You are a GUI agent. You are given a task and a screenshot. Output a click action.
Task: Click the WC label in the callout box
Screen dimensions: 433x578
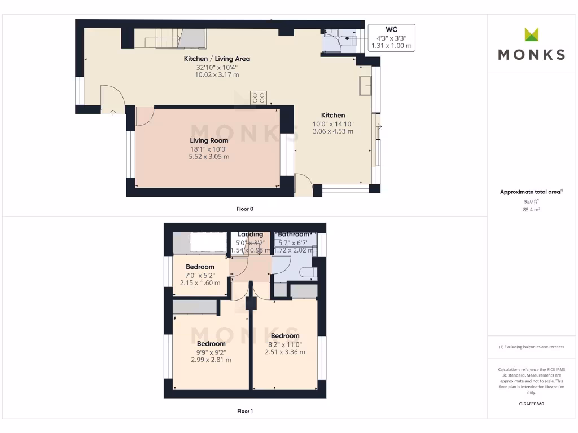click(391, 29)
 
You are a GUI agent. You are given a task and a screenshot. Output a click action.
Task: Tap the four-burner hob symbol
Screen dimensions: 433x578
click(258, 97)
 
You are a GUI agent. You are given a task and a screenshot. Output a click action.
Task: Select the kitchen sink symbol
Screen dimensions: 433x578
click(364, 86)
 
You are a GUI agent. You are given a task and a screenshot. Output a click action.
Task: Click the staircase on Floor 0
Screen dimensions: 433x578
click(170, 38)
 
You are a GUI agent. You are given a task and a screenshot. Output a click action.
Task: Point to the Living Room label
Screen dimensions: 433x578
click(209, 140)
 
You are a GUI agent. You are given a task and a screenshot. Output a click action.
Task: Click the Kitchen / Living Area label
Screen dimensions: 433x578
click(217, 59)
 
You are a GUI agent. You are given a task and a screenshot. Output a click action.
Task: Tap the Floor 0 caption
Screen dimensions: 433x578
click(245, 209)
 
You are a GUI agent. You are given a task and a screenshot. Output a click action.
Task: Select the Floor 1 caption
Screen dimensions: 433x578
click(245, 411)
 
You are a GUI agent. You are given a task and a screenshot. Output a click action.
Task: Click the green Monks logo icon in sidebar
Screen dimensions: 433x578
click(531, 34)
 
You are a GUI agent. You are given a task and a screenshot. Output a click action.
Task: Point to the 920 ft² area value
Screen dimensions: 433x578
click(531, 201)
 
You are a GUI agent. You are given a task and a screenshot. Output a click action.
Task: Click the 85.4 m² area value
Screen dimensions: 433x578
click(531, 210)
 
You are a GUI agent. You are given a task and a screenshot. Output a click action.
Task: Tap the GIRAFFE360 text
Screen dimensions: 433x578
click(531, 404)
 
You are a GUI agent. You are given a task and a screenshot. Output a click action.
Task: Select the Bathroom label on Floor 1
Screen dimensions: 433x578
click(294, 235)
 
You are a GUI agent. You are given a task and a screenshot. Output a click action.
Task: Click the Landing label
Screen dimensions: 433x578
click(250, 235)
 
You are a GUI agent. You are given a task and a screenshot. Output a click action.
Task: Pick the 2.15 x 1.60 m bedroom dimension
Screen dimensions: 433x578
click(200, 283)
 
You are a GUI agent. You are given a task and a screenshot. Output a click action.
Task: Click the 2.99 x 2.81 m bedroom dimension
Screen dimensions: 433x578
click(211, 360)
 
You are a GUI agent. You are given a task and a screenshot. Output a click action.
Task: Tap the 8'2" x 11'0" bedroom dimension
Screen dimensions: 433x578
click(285, 344)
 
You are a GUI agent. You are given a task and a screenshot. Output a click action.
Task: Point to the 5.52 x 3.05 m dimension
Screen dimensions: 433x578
click(209, 157)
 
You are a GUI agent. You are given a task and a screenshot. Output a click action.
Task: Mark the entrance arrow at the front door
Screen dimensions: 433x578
click(113, 112)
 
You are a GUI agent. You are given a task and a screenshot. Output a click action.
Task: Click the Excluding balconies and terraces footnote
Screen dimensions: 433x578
click(531, 347)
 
